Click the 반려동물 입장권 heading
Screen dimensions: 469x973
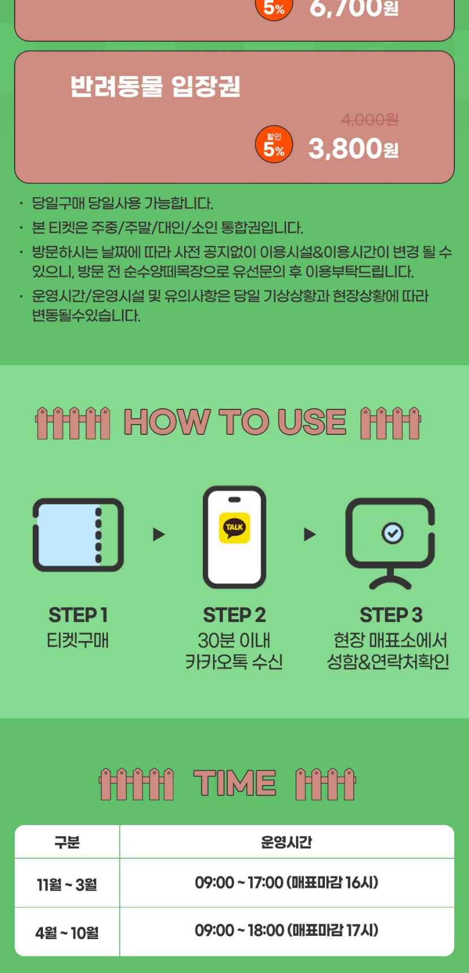[x=155, y=86]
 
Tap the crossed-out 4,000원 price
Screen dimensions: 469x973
[x=370, y=120]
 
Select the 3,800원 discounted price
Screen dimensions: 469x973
[x=353, y=149]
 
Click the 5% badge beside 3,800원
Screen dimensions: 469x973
[x=274, y=145]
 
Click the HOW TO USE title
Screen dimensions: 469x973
[x=234, y=422]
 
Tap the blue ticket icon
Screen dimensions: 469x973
[x=78, y=535]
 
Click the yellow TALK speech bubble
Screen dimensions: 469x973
[x=234, y=528]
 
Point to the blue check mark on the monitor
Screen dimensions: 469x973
[x=393, y=533]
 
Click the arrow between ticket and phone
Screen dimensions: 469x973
[x=159, y=534]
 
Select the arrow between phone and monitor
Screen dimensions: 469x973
[x=310, y=534]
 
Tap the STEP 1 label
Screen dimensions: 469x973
[x=78, y=615]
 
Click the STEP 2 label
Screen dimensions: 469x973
[x=234, y=615]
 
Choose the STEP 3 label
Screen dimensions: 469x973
[x=391, y=615]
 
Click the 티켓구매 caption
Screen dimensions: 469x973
[x=78, y=640]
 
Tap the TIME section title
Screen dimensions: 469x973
[x=234, y=783]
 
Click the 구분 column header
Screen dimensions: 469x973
[x=67, y=843]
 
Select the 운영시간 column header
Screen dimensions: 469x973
[x=286, y=843]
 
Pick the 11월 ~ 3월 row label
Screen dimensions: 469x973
[x=67, y=884]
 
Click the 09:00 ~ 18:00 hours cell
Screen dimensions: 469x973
[x=286, y=931]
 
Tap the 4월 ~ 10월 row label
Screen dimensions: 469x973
[x=67, y=933]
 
